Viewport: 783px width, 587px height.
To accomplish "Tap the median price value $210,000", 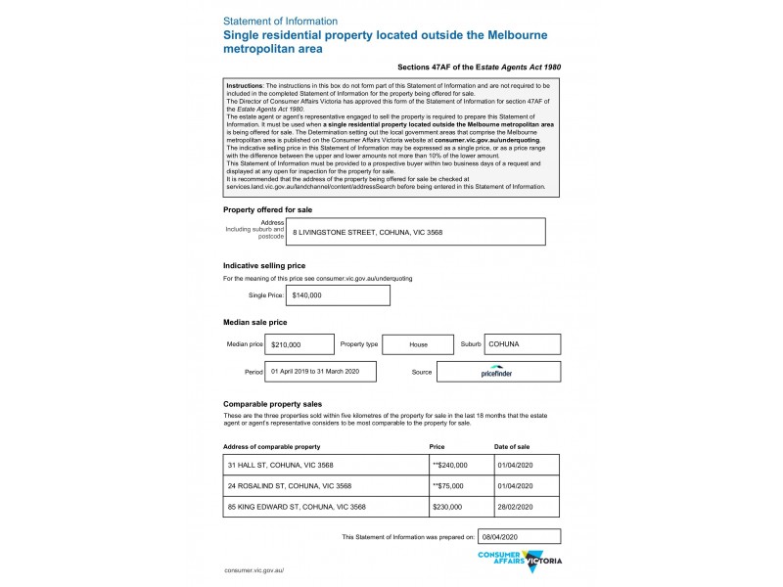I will point(299,345).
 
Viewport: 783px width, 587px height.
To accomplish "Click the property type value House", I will point(418,345).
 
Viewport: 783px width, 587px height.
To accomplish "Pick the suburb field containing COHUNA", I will point(522,344).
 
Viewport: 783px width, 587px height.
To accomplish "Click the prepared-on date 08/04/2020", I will point(519,537).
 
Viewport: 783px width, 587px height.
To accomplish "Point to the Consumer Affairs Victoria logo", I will point(519,560).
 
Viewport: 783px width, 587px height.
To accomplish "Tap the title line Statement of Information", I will point(281,21).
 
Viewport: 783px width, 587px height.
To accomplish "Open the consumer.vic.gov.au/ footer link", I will point(253,569).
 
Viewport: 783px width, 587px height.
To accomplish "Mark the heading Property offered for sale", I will point(268,209).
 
